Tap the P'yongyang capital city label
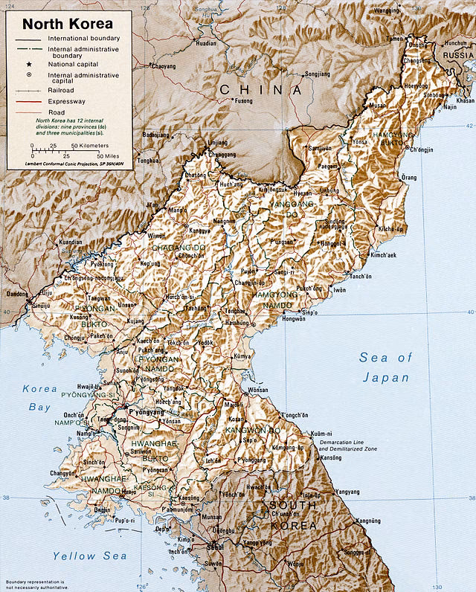[x=146, y=411]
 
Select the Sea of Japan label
[x=385, y=367]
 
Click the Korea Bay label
[x=39, y=397]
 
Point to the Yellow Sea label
[x=89, y=556]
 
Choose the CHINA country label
[x=260, y=90]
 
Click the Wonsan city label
[x=258, y=390]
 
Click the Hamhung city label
[x=238, y=324]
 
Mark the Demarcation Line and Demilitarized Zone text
[x=347, y=445]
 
